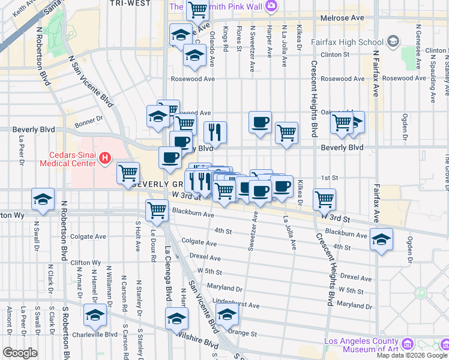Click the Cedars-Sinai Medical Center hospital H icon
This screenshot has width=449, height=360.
[x=105, y=158]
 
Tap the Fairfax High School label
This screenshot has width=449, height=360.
[x=347, y=42]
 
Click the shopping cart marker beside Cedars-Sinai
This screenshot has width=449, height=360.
[x=128, y=173]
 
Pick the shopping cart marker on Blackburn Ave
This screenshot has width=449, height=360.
[x=157, y=210]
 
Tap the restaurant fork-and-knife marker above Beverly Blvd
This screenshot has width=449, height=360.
[x=215, y=132]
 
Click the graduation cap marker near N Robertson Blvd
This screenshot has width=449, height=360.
[x=43, y=200]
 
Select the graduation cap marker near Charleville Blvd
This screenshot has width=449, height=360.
[x=95, y=314]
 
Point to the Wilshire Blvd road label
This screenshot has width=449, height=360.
[x=202, y=344]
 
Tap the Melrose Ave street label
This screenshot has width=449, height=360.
[x=342, y=19]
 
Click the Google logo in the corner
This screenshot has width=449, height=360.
[x=20, y=353]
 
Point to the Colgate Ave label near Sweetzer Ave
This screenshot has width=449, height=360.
[x=198, y=242]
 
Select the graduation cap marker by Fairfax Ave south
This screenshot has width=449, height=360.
[x=381, y=239]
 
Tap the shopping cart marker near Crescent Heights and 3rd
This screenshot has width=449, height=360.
[x=324, y=199]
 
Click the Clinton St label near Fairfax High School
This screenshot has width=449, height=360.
[x=335, y=55]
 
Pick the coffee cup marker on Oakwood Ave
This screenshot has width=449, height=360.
[x=260, y=122]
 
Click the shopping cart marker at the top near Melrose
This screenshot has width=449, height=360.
[x=197, y=10]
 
